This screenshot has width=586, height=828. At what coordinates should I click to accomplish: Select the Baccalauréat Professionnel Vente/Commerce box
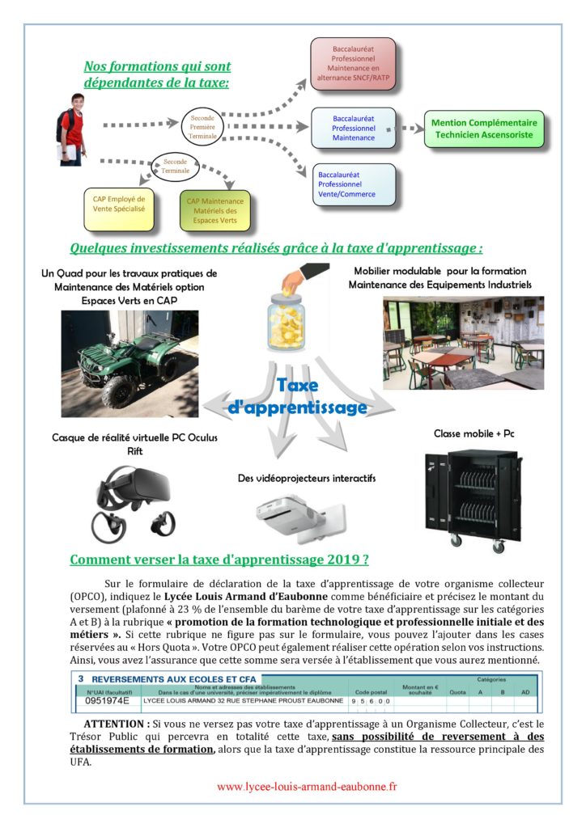(x=354, y=184)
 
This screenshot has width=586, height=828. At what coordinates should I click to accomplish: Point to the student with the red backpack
(x=71, y=125)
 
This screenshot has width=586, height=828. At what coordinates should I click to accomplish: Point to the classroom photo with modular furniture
(x=463, y=342)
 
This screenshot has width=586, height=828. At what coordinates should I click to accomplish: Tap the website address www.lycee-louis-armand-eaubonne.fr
(x=307, y=786)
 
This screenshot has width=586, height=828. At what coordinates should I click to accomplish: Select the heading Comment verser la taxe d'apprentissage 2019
(x=220, y=559)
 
